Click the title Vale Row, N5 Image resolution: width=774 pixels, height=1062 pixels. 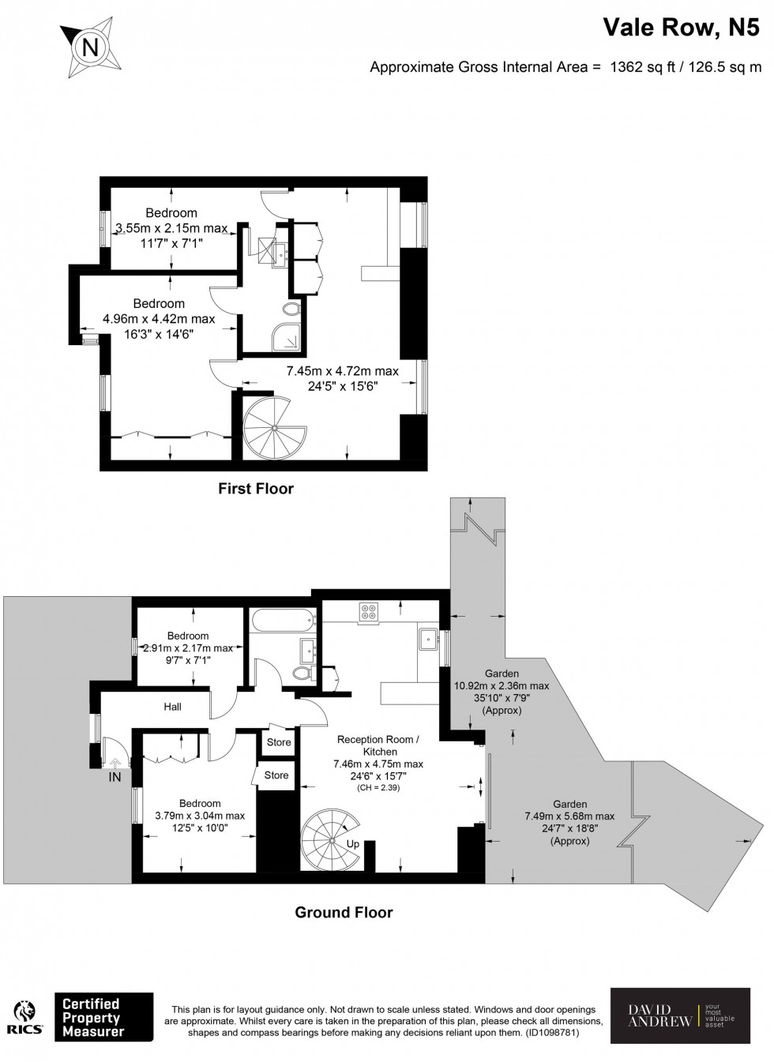682,28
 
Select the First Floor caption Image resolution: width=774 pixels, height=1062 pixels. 255,489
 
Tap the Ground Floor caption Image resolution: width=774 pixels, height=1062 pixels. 344,912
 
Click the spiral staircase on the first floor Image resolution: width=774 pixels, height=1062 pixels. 274,426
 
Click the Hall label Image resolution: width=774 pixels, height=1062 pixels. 172,707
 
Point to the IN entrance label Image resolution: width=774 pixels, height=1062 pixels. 115,778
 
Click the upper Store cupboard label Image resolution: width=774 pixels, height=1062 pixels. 279,742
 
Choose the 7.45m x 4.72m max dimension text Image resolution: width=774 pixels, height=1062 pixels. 342,371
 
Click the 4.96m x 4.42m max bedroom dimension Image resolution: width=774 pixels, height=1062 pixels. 159,319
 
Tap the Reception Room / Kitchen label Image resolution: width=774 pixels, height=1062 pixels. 380,745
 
